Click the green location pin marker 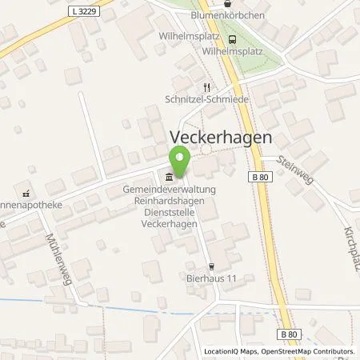[x=180, y=162]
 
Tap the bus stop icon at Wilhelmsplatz [x=232, y=39]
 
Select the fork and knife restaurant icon [x=206, y=89]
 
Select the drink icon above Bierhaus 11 [x=211, y=266]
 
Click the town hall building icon [x=168, y=177]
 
